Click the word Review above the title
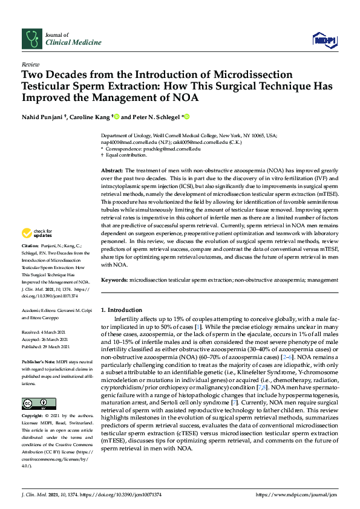[x=30, y=63]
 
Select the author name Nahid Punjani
[x=43, y=117]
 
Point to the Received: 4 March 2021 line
[x=44, y=332]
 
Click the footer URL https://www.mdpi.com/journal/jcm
[x=296, y=494]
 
